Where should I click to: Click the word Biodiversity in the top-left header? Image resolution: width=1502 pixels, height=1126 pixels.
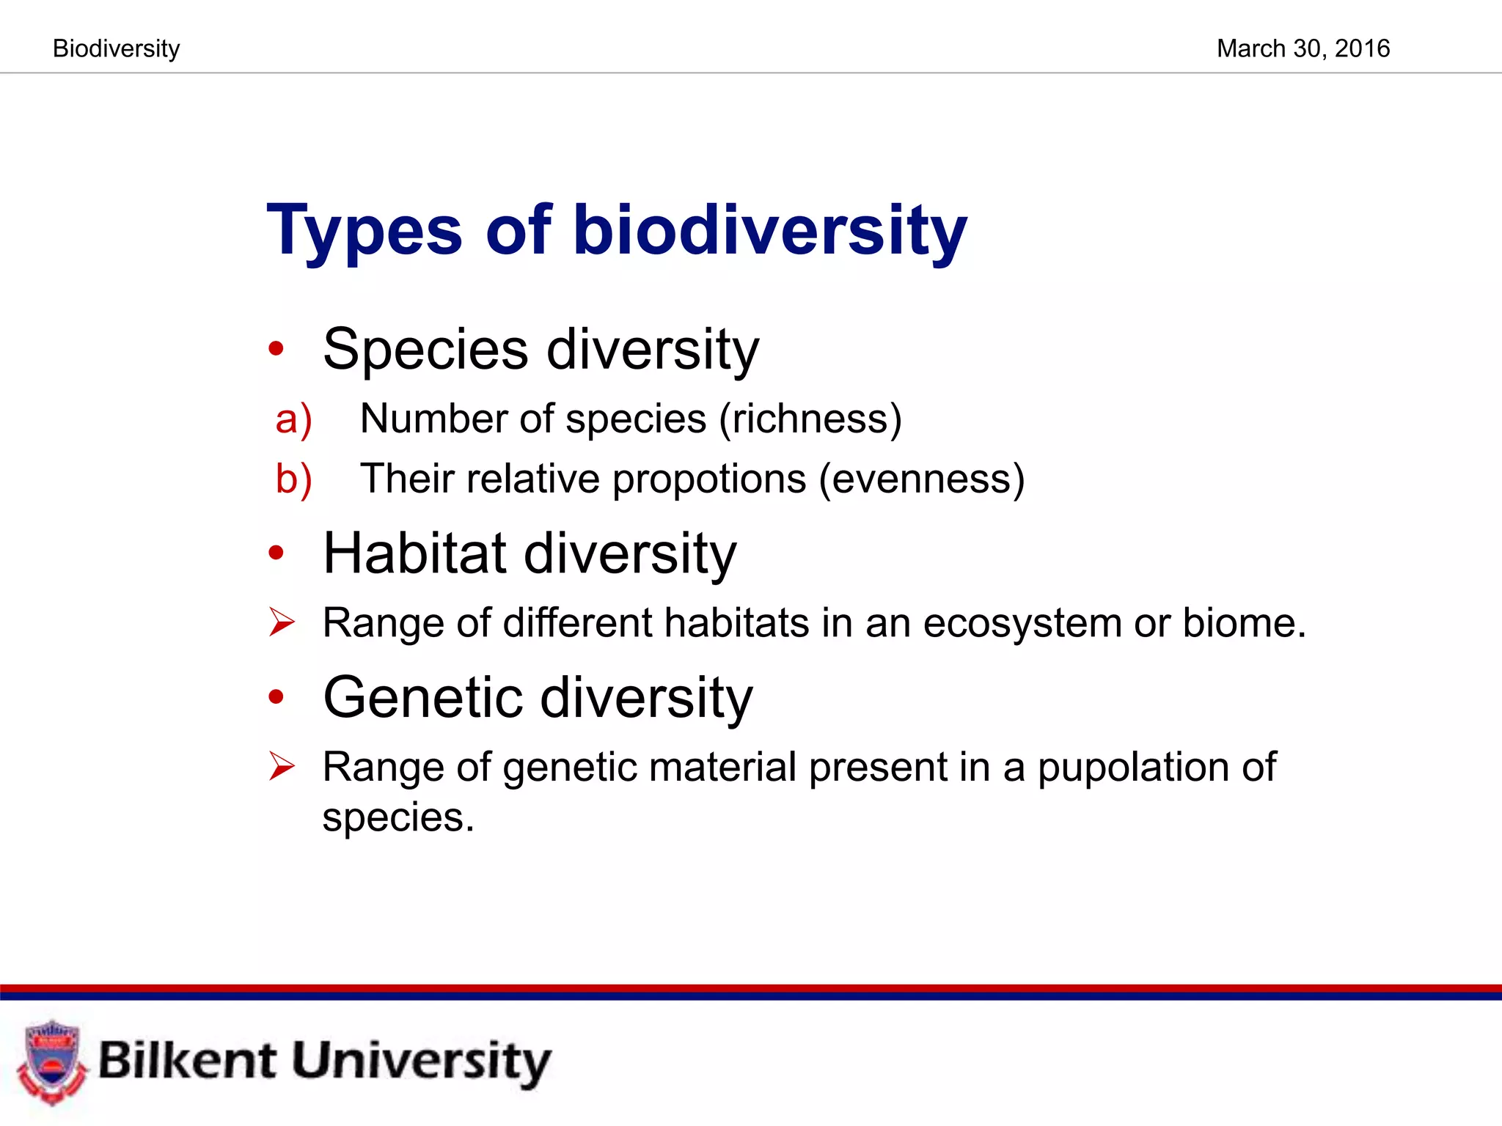click(x=116, y=48)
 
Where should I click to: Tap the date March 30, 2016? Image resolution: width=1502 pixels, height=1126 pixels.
click(x=1303, y=48)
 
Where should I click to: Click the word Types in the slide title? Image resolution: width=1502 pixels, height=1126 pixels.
click(x=364, y=231)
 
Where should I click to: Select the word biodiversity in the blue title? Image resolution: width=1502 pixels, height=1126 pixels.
click(x=769, y=231)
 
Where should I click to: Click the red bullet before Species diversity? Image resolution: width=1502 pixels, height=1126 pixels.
click(x=276, y=349)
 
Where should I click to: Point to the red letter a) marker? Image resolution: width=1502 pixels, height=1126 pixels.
click(x=293, y=419)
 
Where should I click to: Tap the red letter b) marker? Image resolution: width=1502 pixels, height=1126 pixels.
click(x=293, y=479)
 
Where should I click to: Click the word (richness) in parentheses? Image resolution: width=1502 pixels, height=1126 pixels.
click(x=810, y=419)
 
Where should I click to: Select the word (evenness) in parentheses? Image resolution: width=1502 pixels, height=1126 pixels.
click(x=921, y=479)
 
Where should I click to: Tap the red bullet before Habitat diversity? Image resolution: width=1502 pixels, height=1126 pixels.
click(x=276, y=553)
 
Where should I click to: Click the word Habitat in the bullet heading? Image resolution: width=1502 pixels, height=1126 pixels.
click(x=414, y=553)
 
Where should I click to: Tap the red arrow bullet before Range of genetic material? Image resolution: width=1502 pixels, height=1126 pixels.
click(x=281, y=766)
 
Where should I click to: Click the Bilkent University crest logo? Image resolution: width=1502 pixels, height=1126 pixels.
click(x=51, y=1061)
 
